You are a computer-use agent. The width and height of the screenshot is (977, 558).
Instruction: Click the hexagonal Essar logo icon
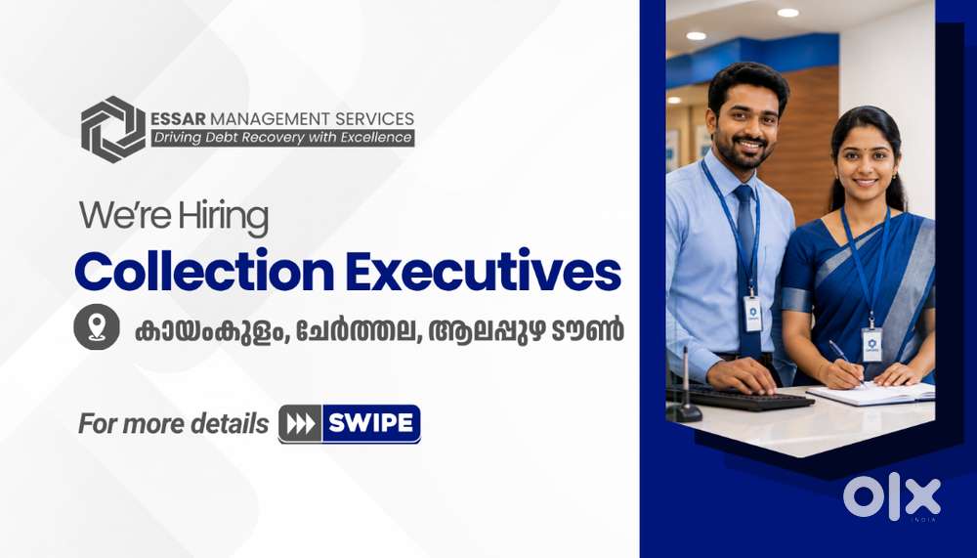coord(113,129)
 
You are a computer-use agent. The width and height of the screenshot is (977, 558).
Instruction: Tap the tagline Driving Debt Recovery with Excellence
coord(283,138)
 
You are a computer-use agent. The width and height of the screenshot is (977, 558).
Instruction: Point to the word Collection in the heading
coord(204,271)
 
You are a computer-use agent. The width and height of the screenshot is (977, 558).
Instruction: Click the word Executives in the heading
coord(484,271)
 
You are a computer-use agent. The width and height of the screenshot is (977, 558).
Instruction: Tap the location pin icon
coord(97,326)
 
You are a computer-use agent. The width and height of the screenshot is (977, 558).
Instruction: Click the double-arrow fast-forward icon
coord(300,424)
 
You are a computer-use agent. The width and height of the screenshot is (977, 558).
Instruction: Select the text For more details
coord(173,424)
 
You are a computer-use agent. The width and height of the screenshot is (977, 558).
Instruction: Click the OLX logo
coord(892,496)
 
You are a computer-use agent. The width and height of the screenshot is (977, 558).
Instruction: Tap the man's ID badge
coord(752,314)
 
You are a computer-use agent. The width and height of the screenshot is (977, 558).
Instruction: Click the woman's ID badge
coord(871,345)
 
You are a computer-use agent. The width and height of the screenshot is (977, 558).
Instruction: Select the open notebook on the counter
coord(872,394)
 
